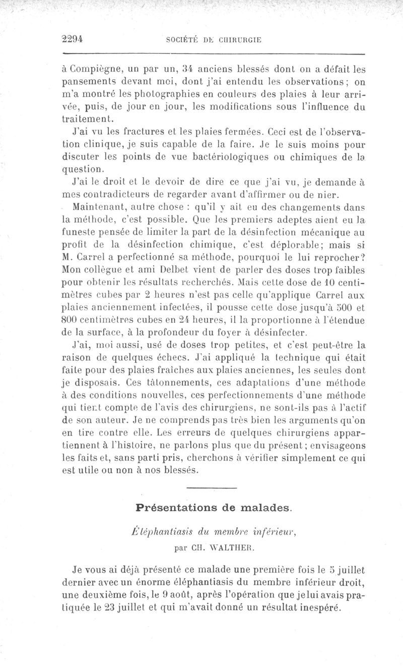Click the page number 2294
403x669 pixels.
[x=72, y=39]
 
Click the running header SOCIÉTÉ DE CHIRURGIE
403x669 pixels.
[x=214, y=40]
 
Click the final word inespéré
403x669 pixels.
[x=312, y=607]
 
